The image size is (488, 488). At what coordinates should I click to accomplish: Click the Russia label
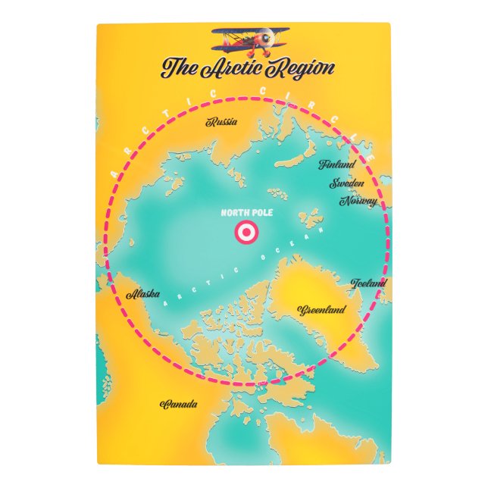[x=222, y=121]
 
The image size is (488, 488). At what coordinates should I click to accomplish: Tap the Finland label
[x=336, y=164]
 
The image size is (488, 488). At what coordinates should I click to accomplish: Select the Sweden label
[x=346, y=183]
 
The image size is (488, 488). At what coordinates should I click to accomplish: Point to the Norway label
[x=358, y=202]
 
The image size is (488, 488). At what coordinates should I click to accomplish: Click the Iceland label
[x=369, y=283]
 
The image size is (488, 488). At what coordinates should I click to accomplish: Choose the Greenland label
[x=323, y=310]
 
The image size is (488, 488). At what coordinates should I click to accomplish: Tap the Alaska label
[x=143, y=294]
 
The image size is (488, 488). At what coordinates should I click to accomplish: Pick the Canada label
[x=179, y=404]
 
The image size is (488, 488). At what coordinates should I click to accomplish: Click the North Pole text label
[x=247, y=214]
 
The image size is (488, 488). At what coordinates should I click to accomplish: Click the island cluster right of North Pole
[x=310, y=221]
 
